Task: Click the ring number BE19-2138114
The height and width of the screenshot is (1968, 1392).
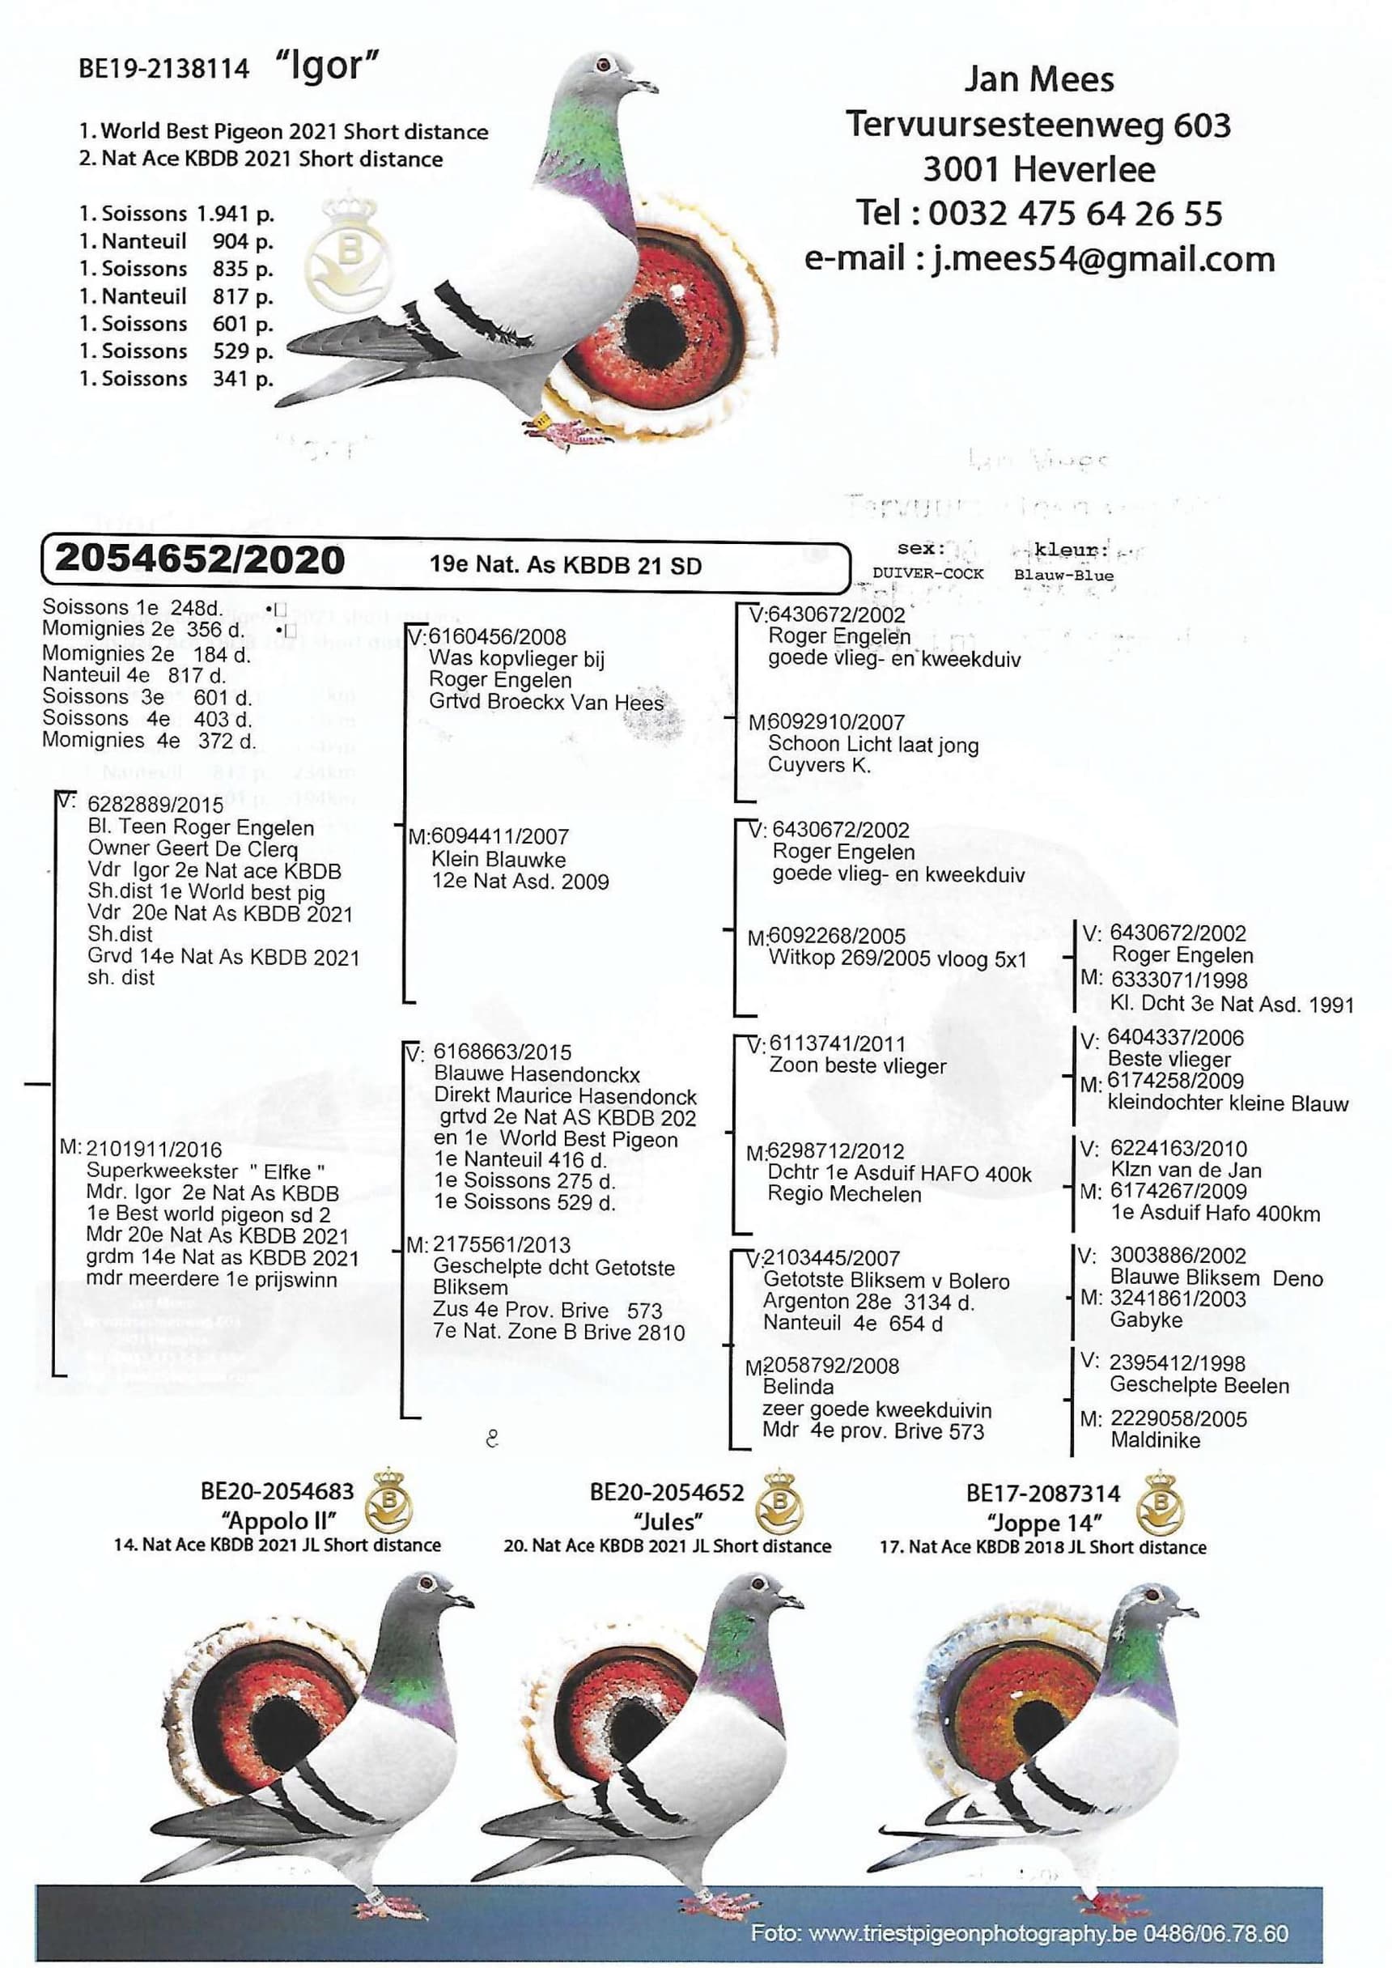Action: pyautogui.click(x=163, y=69)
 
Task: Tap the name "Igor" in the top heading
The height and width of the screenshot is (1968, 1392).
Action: pyautogui.click(x=327, y=65)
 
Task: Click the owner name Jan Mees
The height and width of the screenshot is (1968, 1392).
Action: pyautogui.click(x=1039, y=79)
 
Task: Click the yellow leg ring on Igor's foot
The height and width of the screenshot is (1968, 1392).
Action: pyautogui.click(x=541, y=419)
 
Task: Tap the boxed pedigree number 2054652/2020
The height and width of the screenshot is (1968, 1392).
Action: pyautogui.click(x=200, y=559)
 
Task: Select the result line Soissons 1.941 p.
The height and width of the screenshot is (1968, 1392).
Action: pyautogui.click(x=176, y=214)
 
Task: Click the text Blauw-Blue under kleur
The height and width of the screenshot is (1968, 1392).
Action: pyautogui.click(x=1063, y=575)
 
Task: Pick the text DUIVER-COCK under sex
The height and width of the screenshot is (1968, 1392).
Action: pyautogui.click(x=927, y=573)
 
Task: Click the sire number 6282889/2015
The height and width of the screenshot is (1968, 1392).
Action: pyautogui.click(x=155, y=805)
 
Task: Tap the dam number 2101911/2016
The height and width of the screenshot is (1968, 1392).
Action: pyautogui.click(x=154, y=1150)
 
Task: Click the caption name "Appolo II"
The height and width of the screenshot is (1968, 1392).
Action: pyautogui.click(x=278, y=1520)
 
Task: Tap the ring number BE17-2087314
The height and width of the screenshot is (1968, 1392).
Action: pyautogui.click(x=1042, y=1493)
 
